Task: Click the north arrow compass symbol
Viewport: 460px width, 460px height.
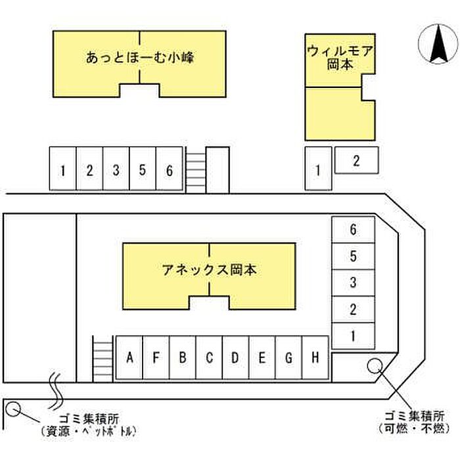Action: tap(438, 45)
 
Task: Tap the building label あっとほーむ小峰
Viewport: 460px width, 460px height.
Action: tap(139, 58)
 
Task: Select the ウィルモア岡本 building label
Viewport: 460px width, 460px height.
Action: tap(340, 57)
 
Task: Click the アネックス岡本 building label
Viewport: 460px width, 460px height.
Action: tap(209, 269)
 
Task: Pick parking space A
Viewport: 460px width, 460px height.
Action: tap(129, 358)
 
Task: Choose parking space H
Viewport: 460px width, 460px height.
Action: tap(315, 358)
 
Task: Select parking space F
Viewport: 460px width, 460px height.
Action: tap(156, 358)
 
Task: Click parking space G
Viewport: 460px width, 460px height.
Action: tap(289, 358)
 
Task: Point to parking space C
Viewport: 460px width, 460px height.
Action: tap(210, 358)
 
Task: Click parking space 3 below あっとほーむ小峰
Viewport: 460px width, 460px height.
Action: tap(116, 170)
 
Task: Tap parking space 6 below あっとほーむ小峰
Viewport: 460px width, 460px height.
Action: tap(169, 170)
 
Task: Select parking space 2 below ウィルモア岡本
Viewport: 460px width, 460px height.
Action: tap(357, 160)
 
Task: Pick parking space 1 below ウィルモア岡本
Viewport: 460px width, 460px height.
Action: tap(318, 170)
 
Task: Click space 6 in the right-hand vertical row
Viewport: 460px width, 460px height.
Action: tap(353, 230)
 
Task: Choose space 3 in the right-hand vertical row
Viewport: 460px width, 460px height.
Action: tap(353, 283)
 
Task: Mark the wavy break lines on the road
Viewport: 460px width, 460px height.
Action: tap(56, 387)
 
